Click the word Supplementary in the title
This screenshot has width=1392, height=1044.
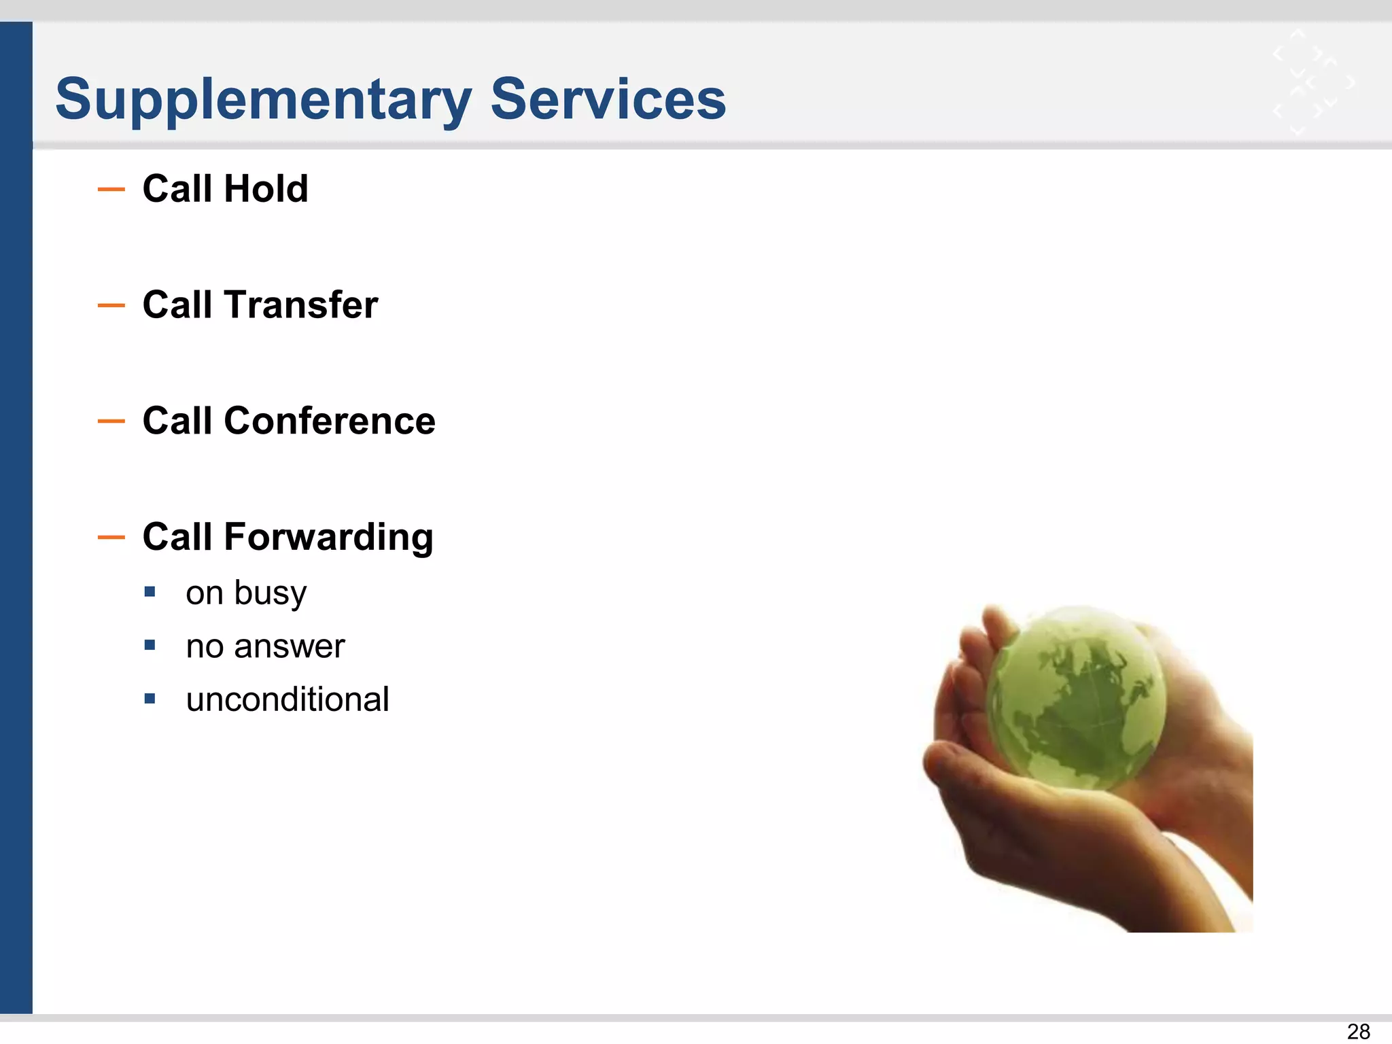point(263,100)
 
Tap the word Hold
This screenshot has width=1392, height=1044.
point(266,189)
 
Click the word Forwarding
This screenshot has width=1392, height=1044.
point(328,537)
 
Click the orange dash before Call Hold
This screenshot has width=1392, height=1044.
point(111,190)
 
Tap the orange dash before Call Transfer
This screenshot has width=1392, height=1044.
point(111,306)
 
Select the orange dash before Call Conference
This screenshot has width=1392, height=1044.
point(111,421)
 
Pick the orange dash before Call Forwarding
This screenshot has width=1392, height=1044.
point(111,538)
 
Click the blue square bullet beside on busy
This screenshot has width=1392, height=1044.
point(150,592)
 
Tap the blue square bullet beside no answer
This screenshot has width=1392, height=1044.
point(150,645)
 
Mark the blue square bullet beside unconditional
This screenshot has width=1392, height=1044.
point(150,698)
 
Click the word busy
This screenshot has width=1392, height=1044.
point(270,593)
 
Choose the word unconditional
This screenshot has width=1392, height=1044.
point(288,699)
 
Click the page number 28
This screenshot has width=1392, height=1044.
point(1358,1031)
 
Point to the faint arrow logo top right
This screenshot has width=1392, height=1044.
point(1312,82)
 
